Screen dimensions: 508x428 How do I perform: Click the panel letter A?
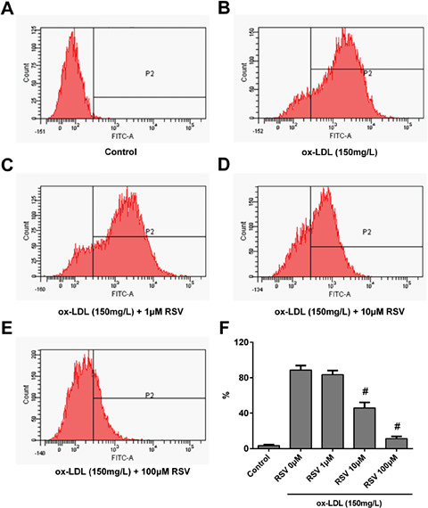click(10, 10)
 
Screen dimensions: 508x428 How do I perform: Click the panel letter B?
click(226, 10)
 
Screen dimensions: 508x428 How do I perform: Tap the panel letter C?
click(10, 176)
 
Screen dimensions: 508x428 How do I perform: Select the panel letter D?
click(226, 176)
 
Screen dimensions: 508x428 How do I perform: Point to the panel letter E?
click(10, 342)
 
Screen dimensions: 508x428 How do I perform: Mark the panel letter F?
click(226, 342)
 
